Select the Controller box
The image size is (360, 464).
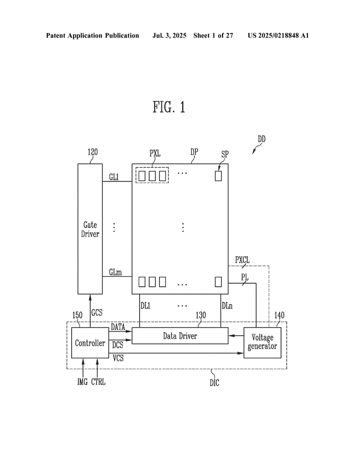[x=90, y=343]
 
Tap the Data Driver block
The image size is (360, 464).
[x=180, y=336]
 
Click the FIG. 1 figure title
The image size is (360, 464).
[x=169, y=107]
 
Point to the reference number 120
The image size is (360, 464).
[x=92, y=152]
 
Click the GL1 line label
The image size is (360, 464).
[x=114, y=177]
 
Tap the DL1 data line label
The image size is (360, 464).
[x=145, y=306]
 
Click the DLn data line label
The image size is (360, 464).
[x=227, y=306]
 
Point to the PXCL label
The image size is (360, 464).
[x=242, y=260]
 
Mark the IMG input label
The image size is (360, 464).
[x=83, y=382]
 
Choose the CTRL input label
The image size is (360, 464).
[x=98, y=382]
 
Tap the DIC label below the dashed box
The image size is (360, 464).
[x=214, y=383]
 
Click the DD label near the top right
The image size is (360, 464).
[x=261, y=140]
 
